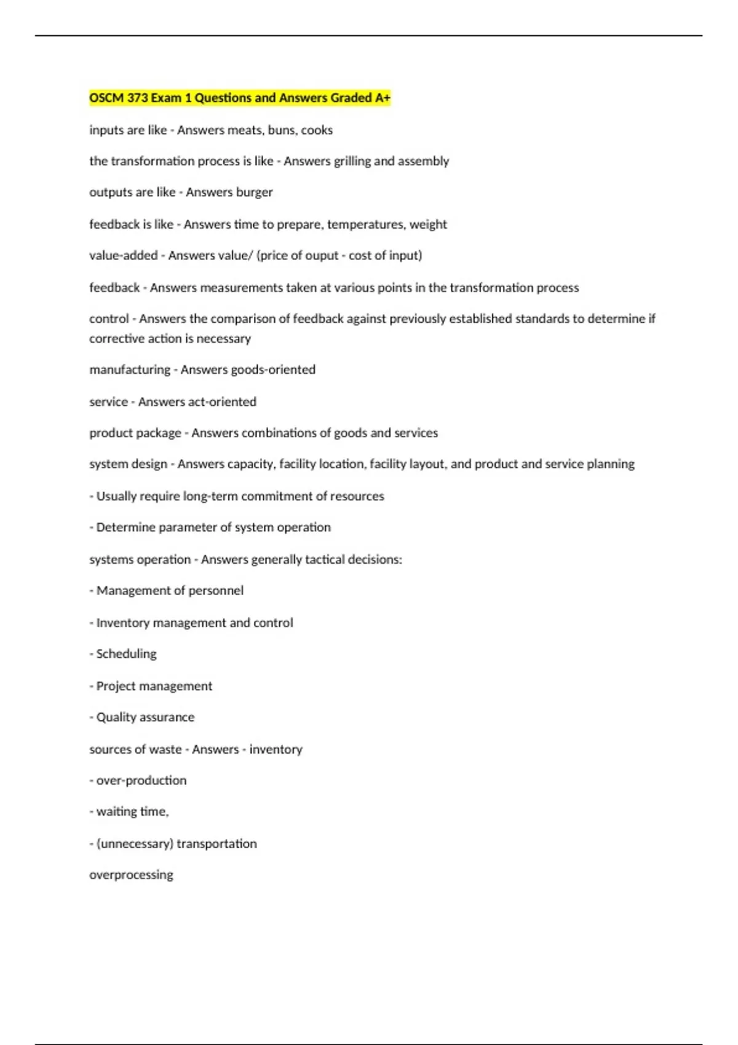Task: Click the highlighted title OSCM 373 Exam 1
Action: pos(239,98)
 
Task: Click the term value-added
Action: pos(123,256)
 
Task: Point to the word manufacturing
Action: pos(130,369)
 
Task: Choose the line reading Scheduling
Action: pos(126,654)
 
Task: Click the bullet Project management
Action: pos(154,686)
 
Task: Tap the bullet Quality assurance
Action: pos(145,717)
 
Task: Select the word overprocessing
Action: pos(131,875)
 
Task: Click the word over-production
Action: pos(141,781)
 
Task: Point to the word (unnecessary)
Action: pos(135,843)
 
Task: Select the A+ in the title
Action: pos(383,98)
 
